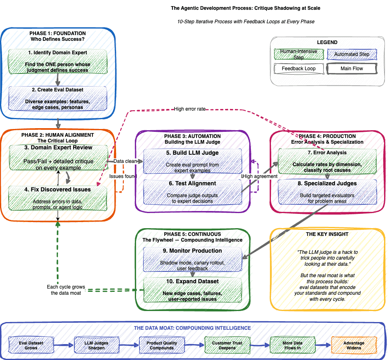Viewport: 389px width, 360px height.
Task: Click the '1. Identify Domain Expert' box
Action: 58,53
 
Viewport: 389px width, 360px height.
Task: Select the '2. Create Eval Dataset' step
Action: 58,90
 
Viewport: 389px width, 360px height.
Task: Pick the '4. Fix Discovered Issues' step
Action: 58,190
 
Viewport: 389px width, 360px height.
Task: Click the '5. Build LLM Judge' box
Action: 192,153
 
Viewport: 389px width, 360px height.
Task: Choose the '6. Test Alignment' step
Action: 192,184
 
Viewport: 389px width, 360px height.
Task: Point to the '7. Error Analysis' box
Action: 327,153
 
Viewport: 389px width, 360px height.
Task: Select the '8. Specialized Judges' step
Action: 327,184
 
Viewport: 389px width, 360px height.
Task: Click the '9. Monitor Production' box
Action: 192,251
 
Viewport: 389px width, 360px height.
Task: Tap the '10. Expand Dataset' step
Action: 192,282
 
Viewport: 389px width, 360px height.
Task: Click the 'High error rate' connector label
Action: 190,109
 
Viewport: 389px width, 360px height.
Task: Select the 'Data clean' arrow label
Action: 125,161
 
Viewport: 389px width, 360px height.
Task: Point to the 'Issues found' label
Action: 123,176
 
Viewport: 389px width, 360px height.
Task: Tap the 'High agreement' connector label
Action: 260,176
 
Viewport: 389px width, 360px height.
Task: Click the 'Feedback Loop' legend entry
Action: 299,69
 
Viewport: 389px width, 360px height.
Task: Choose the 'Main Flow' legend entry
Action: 352,69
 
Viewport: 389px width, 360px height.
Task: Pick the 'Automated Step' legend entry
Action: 352,54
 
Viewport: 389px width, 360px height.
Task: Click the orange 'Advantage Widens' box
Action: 353,345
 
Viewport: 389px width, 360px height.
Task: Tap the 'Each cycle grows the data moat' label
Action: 66,290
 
